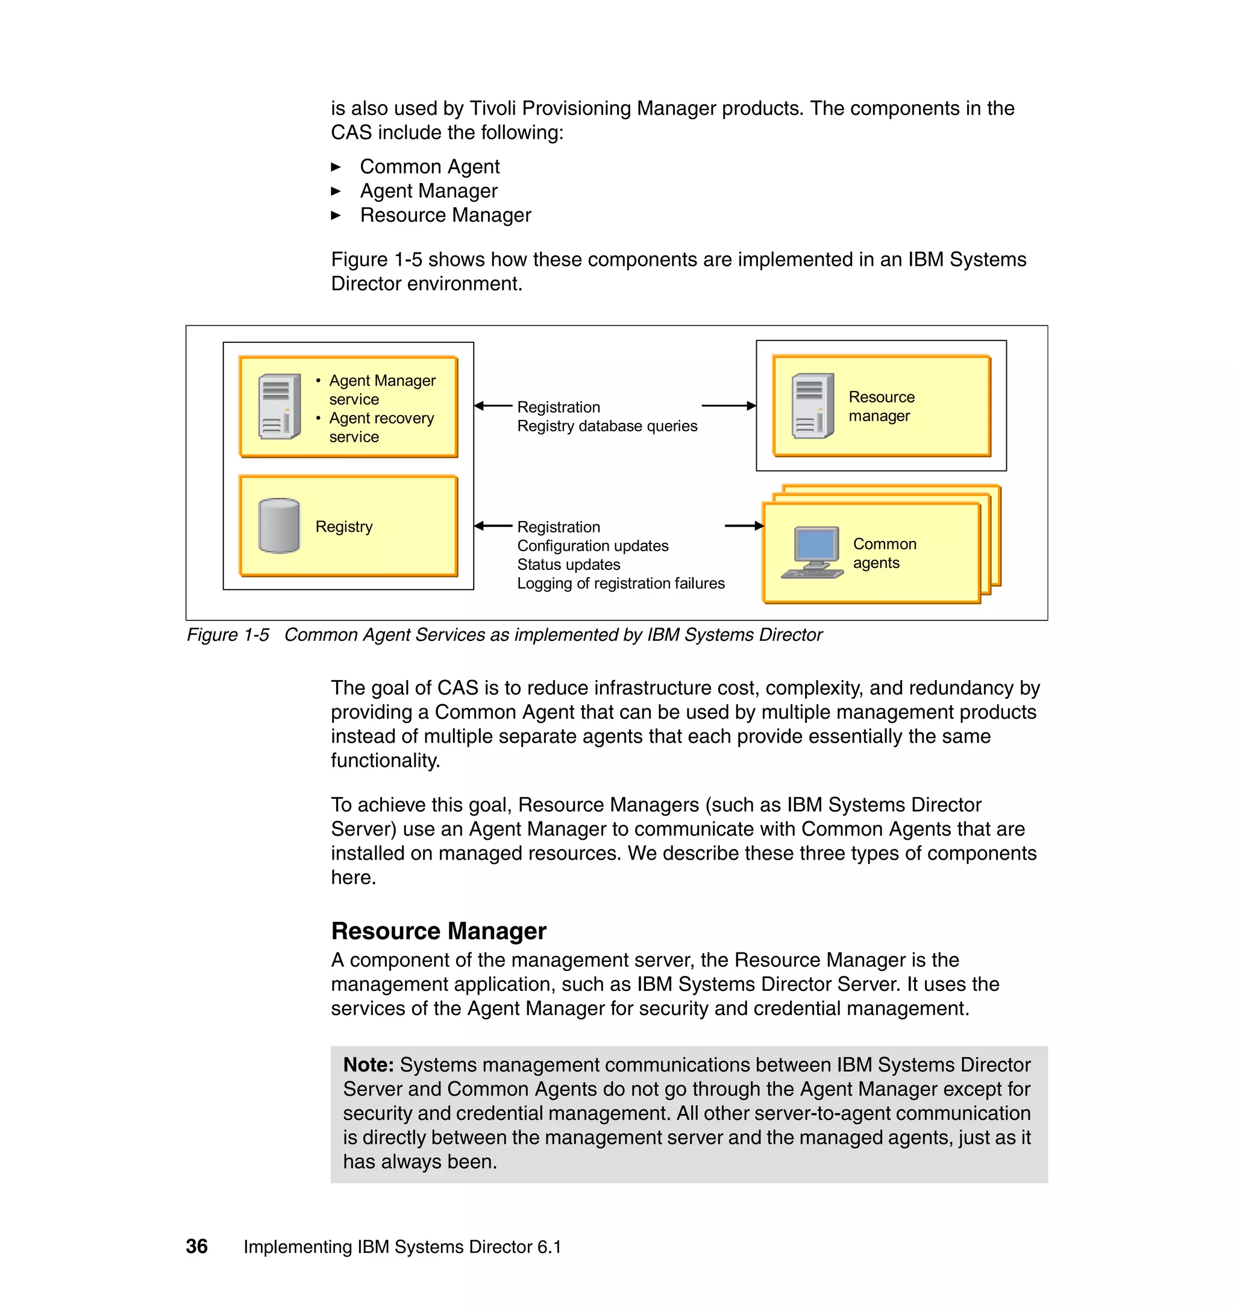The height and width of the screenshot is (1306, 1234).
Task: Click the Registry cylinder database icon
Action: (279, 525)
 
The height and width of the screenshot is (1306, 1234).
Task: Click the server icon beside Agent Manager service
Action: (280, 407)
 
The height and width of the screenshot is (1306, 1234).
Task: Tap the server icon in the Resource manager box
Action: (812, 406)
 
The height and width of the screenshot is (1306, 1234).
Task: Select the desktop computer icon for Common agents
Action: (813, 552)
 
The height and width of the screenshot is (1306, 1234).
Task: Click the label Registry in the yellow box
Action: (343, 526)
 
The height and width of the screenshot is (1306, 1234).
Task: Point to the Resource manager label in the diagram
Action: (881, 407)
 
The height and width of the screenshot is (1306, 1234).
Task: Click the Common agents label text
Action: (884, 553)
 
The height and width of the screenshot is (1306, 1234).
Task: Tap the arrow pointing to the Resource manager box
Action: (729, 406)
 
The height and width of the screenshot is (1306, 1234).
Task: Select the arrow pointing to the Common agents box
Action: (744, 525)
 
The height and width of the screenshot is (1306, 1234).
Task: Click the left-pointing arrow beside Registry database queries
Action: (493, 406)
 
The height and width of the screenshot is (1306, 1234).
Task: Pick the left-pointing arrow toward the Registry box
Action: (493, 525)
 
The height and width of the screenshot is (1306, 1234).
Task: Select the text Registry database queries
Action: (607, 426)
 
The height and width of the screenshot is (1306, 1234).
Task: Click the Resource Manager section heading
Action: (438, 931)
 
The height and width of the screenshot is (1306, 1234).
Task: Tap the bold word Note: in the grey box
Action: (368, 1064)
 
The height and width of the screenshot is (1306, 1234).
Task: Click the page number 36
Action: (196, 1246)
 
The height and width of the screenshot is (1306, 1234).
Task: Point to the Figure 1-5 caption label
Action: (228, 634)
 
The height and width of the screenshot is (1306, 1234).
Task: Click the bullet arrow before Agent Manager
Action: (336, 192)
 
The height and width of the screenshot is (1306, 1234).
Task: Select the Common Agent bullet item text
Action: (430, 166)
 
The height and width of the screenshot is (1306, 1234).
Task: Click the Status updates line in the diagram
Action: (568, 564)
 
